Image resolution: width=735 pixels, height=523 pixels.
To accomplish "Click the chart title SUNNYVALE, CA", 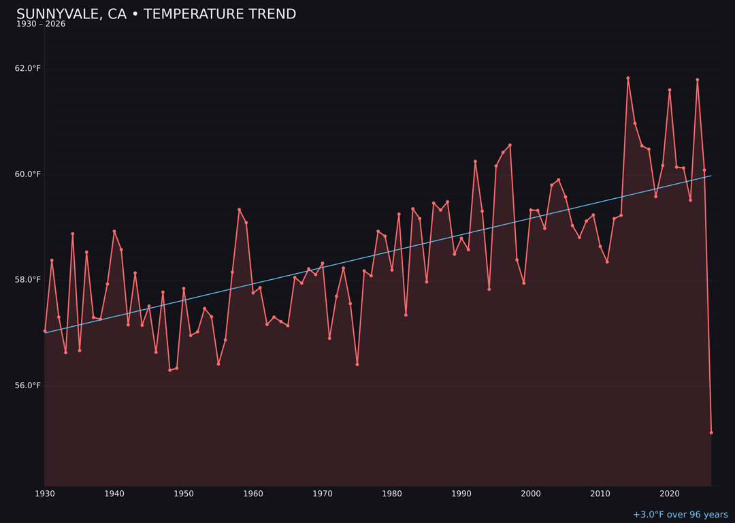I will (x=156, y=14).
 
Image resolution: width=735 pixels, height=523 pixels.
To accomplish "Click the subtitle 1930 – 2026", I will (x=41, y=25).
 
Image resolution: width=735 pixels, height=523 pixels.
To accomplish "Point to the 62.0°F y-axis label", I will (x=28, y=69).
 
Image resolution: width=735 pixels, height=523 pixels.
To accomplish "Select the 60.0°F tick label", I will (x=28, y=174).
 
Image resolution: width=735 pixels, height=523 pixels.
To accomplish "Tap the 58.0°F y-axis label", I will (x=28, y=280).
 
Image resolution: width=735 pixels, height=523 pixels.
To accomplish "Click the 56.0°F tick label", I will (x=28, y=385).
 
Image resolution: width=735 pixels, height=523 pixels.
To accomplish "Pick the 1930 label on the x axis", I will (x=45, y=494).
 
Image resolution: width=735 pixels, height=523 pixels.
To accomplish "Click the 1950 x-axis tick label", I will (x=184, y=494).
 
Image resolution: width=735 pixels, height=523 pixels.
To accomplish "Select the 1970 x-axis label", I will (x=323, y=494).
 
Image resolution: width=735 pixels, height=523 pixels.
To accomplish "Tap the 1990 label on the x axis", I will (x=461, y=494).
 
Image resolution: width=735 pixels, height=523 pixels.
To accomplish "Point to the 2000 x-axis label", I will (x=531, y=494).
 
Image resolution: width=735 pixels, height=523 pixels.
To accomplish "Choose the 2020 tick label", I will (x=670, y=494).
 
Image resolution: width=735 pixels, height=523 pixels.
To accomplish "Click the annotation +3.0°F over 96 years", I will (x=680, y=515).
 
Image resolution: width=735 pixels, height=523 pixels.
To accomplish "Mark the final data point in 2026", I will (x=711, y=432).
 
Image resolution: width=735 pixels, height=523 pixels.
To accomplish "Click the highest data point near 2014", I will (x=628, y=78).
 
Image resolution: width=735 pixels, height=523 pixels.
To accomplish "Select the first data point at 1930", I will (x=45, y=331).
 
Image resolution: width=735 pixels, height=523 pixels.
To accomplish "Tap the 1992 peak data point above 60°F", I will (x=475, y=161).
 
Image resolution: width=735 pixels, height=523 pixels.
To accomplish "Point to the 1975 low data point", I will (x=357, y=364).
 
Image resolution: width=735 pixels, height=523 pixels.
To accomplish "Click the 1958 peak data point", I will (x=239, y=210).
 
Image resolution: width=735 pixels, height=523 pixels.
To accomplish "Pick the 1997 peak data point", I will (x=510, y=145).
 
